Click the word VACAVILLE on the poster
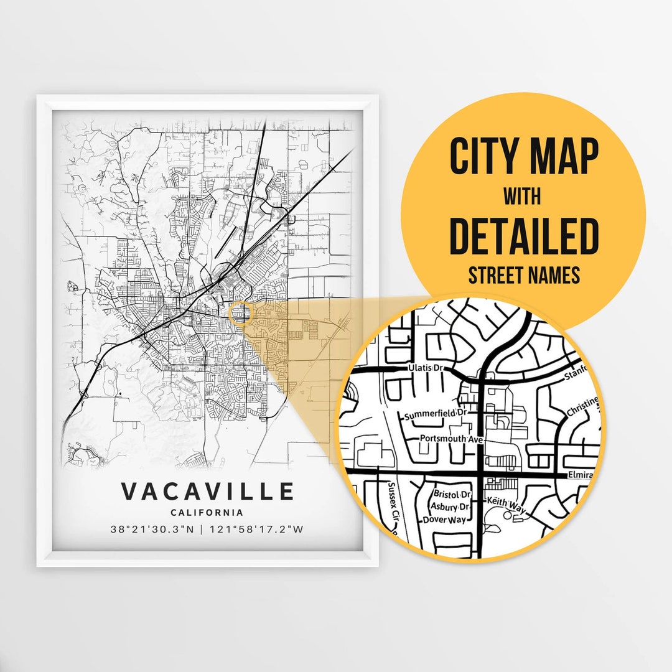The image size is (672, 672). tap(207, 492)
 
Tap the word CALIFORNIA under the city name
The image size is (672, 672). tap(207, 513)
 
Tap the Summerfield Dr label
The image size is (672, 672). tap(436, 414)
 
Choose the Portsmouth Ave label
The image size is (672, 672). tap(451, 438)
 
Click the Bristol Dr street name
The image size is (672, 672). tap(452, 494)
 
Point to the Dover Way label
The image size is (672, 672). tap(444, 520)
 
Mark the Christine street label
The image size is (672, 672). tap(582, 408)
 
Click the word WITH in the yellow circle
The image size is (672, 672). tap(523, 197)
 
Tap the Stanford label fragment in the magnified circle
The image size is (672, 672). tap(573, 375)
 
